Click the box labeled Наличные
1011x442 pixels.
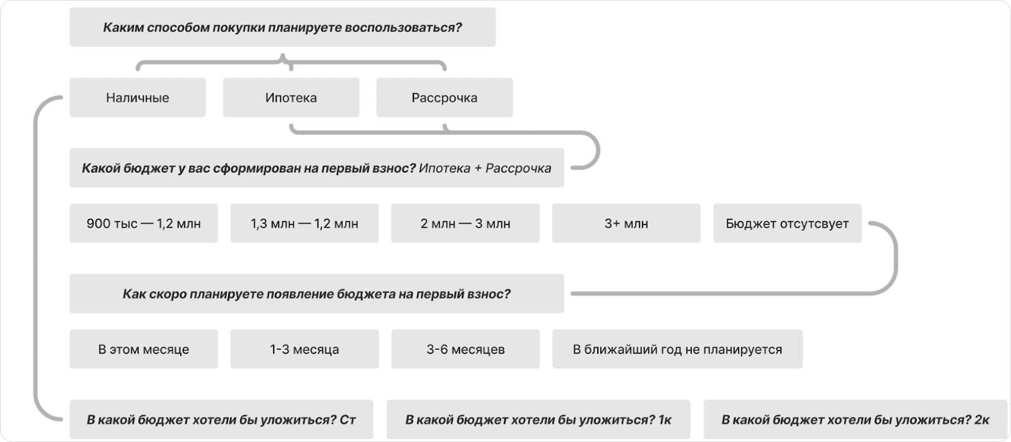(x=137, y=97)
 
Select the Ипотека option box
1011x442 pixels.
(x=291, y=97)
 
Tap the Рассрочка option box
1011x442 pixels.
(x=444, y=97)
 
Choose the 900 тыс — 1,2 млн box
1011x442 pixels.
(x=143, y=223)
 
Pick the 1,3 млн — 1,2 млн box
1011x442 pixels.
(x=304, y=223)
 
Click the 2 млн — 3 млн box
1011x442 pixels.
(x=465, y=223)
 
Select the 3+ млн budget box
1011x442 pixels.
(x=626, y=223)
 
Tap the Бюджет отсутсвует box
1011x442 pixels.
(x=787, y=223)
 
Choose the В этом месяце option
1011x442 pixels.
(x=143, y=349)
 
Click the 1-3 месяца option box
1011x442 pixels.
(x=304, y=349)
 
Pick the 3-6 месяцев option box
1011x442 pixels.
(x=465, y=349)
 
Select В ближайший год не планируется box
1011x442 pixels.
(x=677, y=349)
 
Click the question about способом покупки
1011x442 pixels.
(x=282, y=27)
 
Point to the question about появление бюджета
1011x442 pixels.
(x=316, y=293)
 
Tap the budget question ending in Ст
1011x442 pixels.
(x=221, y=419)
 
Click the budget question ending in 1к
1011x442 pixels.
(x=538, y=419)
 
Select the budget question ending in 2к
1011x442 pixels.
(x=855, y=419)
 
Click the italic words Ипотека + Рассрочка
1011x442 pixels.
(x=485, y=168)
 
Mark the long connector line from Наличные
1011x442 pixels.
(x=35, y=259)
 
